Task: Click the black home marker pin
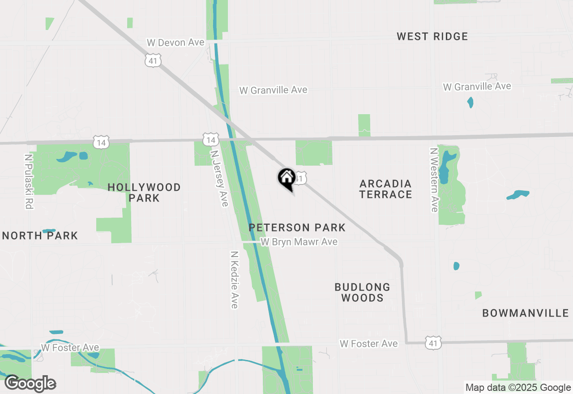286,178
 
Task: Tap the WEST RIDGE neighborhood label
432,37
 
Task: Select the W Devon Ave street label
175,43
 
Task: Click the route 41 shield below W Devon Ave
153,60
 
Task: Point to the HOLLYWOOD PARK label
144,193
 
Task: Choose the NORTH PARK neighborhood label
40,236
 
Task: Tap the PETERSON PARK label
297,227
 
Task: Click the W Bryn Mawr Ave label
299,242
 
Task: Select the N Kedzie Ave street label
234,279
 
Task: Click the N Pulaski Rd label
29,182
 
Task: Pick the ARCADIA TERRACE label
385,189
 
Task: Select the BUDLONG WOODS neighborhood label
362,292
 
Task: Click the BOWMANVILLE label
525,313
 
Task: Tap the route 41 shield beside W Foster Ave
433,343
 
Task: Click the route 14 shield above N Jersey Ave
210,140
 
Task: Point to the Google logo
30,384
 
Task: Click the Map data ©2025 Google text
518,388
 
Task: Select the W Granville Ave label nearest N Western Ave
477,86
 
